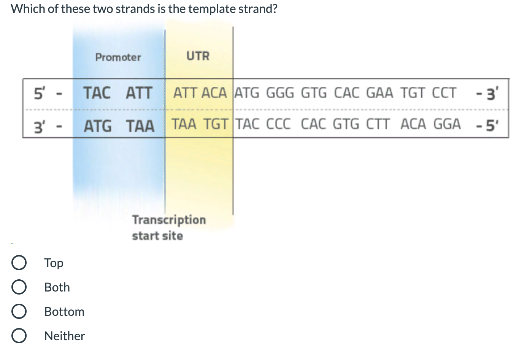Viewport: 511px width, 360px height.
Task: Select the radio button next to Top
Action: click(x=19, y=263)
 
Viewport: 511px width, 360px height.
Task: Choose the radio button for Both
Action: click(x=19, y=287)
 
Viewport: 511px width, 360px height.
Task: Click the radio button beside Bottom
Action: click(x=19, y=312)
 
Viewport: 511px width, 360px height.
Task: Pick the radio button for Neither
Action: click(x=19, y=336)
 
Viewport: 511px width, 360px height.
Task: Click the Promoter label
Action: click(x=118, y=57)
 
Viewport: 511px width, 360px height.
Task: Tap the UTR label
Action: click(x=198, y=56)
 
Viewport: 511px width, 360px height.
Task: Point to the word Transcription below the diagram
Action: click(x=169, y=220)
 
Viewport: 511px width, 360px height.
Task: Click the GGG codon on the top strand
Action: click(x=280, y=93)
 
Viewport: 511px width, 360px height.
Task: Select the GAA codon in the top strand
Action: click(x=379, y=93)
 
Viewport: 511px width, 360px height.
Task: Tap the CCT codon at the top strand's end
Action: click(x=444, y=93)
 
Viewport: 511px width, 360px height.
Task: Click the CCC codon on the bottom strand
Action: click(x=278, y=124)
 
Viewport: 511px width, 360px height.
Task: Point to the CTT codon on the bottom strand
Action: click(x=378, y=124)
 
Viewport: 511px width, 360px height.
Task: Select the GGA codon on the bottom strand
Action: click(x=447, y=124)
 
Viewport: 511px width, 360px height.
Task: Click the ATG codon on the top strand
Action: click(x=247, y=93)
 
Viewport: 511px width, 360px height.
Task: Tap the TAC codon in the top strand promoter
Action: click(x=97, y=93)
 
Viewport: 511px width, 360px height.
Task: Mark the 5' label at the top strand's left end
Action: click(x=39, y=93)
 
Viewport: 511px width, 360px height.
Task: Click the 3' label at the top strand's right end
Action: click(x=491, y=93)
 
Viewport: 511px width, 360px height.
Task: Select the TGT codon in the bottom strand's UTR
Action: click(x=216, y=124)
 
